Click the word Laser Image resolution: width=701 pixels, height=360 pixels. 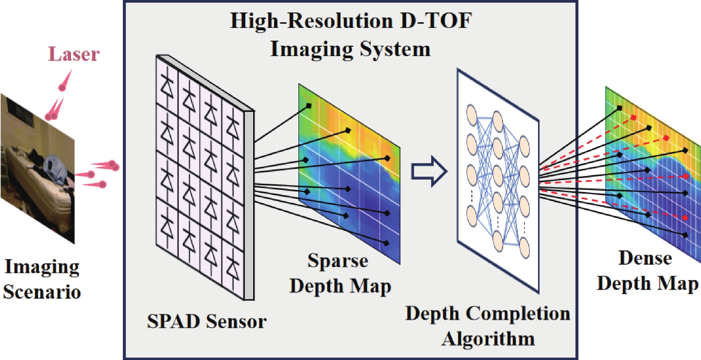tap(74, 54)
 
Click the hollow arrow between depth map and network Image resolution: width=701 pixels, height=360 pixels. tap(429, 171)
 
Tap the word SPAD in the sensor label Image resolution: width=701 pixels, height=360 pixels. tap(173, 321)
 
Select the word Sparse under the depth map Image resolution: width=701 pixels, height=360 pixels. tap(338, 261)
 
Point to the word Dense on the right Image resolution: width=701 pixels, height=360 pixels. tap(645, 258)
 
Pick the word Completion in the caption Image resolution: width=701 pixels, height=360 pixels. tap(518, 314)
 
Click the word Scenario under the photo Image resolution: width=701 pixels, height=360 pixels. tap(42, 291)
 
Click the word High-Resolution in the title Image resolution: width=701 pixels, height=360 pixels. tap(312, 21)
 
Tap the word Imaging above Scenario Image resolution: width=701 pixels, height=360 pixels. tap(42, 267)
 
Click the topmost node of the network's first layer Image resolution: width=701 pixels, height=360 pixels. tap(472, 114)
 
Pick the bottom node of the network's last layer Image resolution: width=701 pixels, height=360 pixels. tap(524, 248)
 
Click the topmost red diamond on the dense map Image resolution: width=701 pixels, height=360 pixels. tap(633, 118)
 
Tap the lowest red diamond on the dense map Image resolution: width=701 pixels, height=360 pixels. tap(685, 218)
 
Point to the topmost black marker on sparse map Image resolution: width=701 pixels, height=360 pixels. tap(309, 105)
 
